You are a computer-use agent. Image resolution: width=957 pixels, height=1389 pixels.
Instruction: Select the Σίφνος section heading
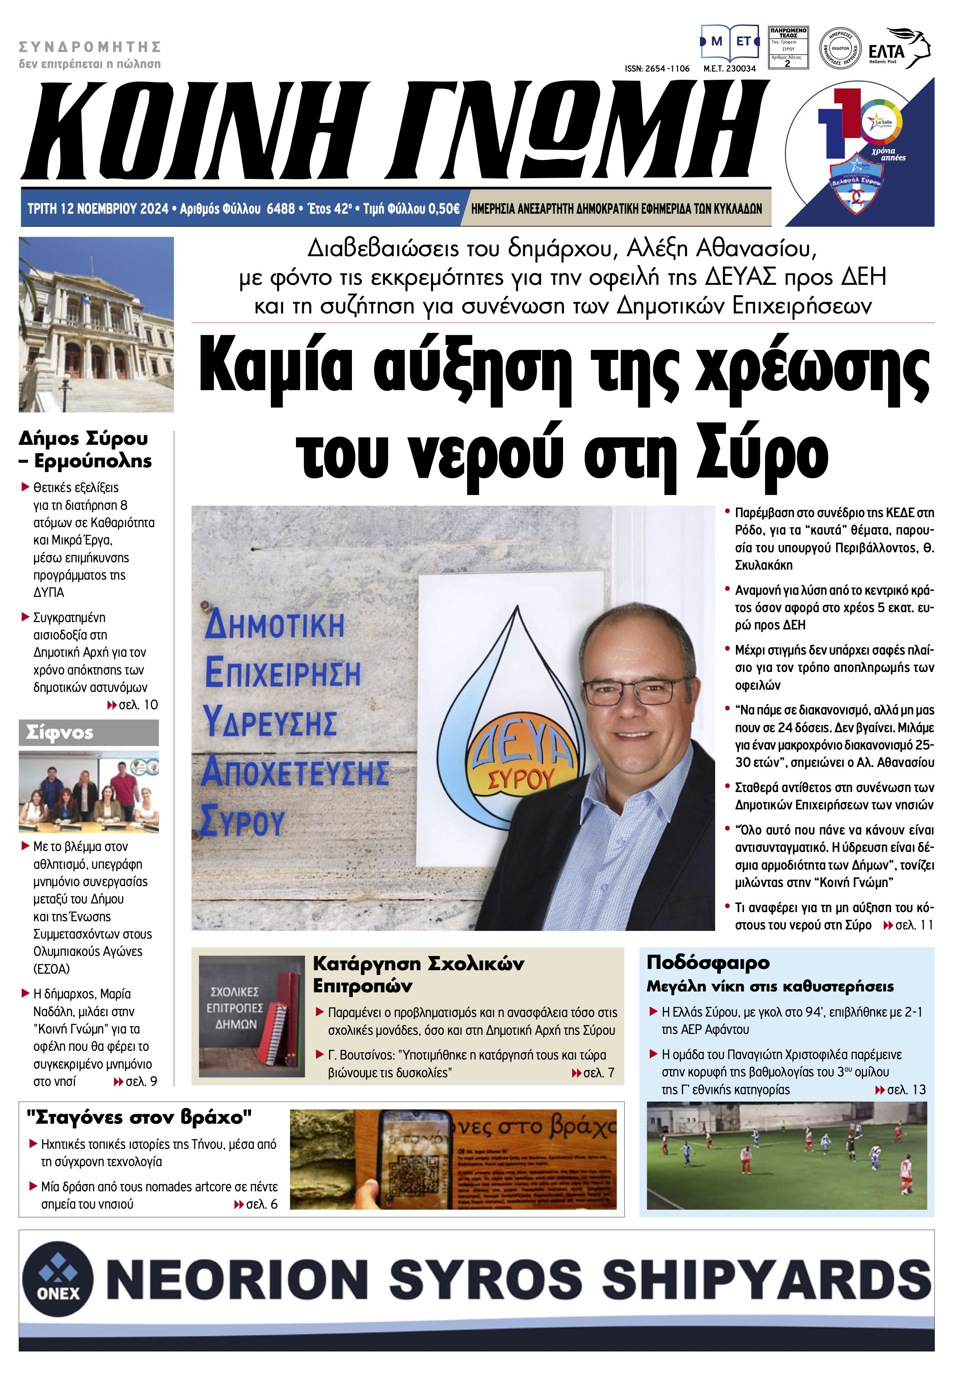60,733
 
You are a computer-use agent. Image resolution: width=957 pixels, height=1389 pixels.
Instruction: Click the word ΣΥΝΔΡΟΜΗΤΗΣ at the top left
90,47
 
